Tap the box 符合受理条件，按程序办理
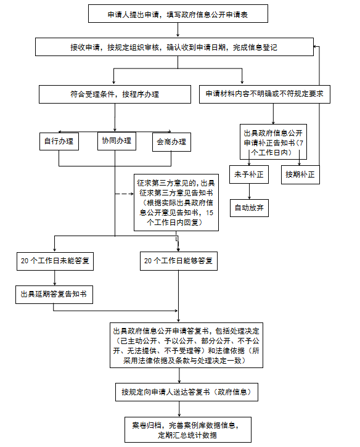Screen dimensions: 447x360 pos(114,94)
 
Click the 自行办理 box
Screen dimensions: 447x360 pos(59,142)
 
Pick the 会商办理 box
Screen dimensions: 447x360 pos(171,142)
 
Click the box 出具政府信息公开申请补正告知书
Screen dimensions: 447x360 pos(272,138)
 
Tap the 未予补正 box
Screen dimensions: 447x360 pos(249,174)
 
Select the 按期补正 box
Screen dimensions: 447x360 pos(300,174)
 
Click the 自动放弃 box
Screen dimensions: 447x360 pos(249,207)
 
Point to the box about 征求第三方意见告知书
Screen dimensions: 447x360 pos(176,202)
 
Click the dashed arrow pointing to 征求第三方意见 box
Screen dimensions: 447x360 pos(125,194)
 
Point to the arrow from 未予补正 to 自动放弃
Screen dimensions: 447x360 pos(249,191)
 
